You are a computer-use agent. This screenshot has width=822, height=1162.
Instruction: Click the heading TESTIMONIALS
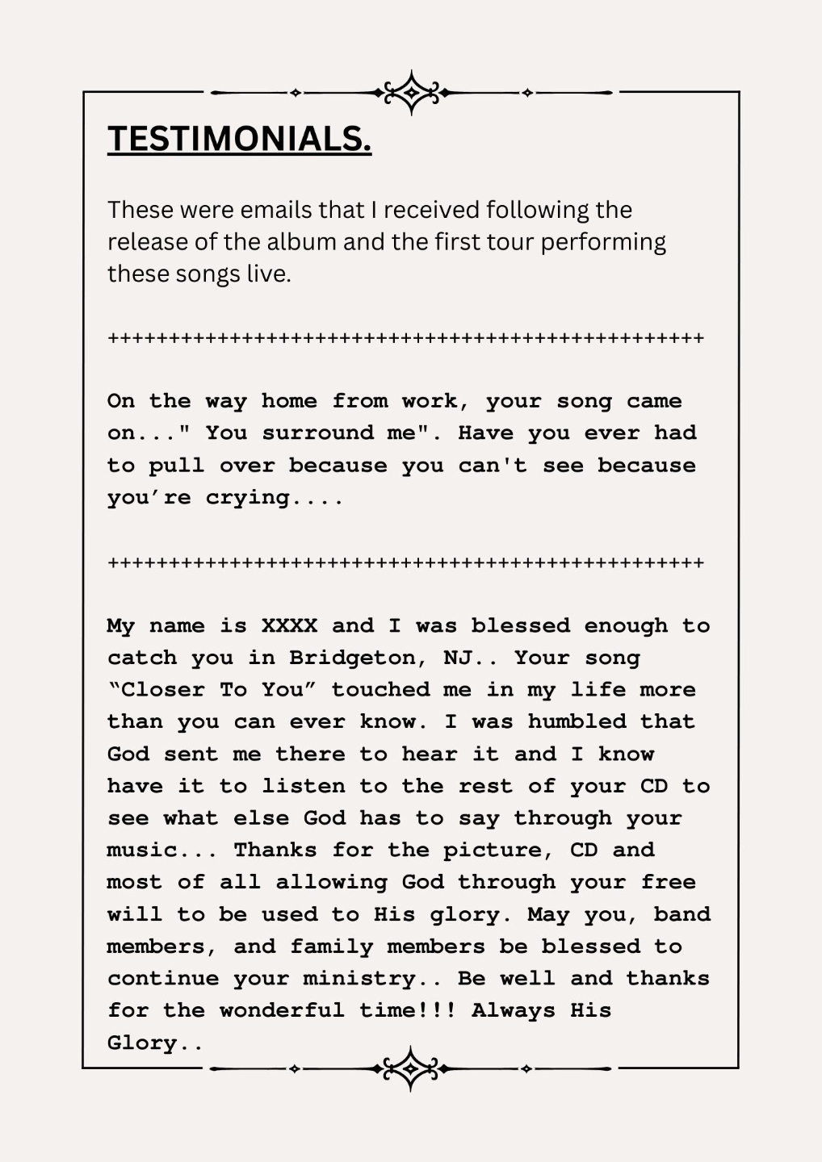point(239,139)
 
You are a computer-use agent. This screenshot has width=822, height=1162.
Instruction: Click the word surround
point(317,433)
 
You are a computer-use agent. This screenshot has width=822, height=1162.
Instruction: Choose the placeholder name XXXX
point(289,626)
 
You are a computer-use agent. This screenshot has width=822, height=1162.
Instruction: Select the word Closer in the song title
point(161,690)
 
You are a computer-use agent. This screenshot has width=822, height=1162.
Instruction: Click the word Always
point(514,1011)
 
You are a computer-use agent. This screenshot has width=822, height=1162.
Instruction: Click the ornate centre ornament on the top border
point(412,93)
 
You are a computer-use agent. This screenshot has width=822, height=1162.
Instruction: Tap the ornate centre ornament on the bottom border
point(411,1069)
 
